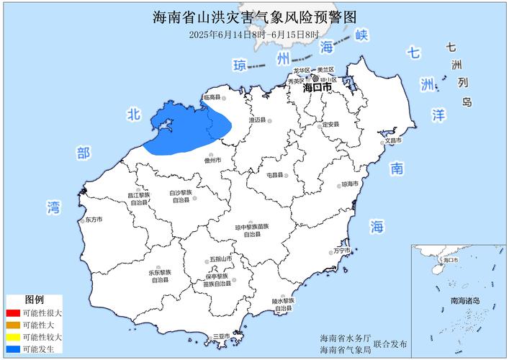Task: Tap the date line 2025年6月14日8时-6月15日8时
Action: point(254,34)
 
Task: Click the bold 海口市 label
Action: point(317,87)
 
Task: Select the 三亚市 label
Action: point(221,337)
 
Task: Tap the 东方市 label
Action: point(94,220)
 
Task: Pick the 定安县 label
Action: point(329,125)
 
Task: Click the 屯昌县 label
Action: point(276,175)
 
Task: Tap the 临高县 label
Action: point(212,96)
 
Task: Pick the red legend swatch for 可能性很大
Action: point(12,313)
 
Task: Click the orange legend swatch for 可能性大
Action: point(12,325)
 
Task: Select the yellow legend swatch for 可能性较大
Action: point(12,337)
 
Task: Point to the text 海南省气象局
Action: point(346,350)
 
